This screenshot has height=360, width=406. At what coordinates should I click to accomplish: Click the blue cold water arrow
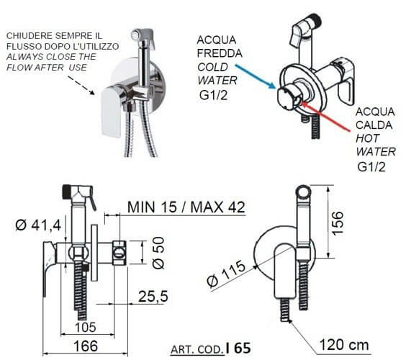(256, 77)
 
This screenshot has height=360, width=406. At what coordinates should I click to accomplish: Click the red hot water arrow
(327, 117)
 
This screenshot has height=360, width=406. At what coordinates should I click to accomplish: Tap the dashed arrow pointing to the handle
(81, 86)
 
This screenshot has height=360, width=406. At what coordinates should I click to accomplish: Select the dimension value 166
(86, 346)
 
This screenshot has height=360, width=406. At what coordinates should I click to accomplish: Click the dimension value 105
(86, 327)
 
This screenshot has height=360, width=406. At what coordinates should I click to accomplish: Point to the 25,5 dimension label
(153, 297)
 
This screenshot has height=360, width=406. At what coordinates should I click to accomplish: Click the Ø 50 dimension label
(158, 253)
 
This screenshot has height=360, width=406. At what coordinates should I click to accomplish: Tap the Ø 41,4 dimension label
(38, 225)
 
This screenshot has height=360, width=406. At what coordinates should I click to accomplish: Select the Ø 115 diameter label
(226, 274)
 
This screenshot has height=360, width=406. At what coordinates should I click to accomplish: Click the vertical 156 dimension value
(338, 223)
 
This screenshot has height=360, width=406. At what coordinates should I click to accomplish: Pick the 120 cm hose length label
(344, 345)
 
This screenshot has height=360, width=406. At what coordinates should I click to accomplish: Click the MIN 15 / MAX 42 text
(186, 207)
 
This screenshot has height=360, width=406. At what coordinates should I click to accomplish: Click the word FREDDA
(220, 53)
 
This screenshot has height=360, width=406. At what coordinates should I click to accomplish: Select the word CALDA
(374, 125)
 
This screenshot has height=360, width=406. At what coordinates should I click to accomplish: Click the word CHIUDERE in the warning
(29, 35)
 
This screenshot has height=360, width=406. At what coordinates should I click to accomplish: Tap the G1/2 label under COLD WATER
(213, 95)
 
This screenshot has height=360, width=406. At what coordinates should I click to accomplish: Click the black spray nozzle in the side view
(67, 192)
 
